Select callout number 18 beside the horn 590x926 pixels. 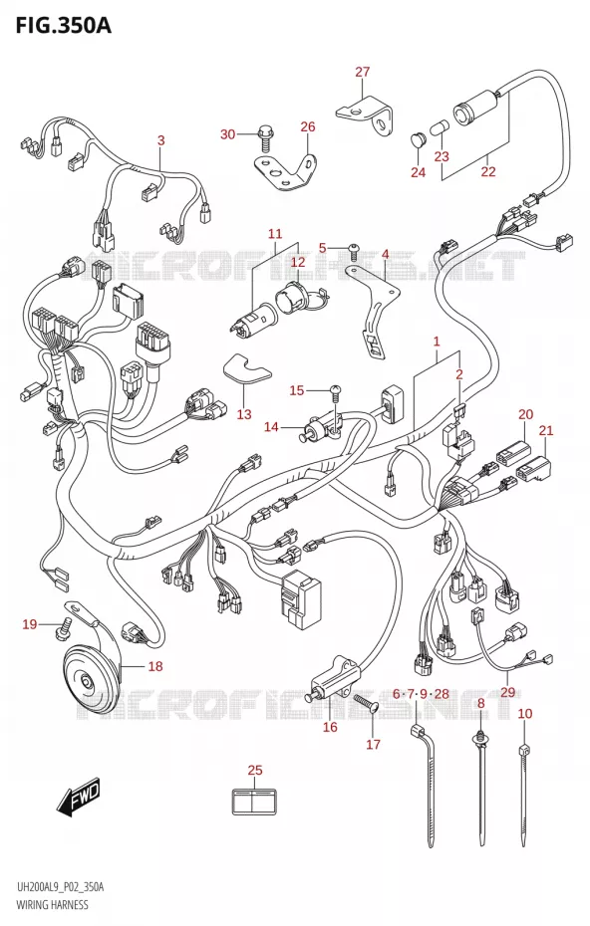pos(154,666)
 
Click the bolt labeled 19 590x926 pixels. pos(63,627)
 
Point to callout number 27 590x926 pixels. pos(363,72)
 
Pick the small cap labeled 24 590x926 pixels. pos(418,141)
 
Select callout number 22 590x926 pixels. pos(488,171)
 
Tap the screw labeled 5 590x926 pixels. pos(354,251)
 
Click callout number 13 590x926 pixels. pos(244,414)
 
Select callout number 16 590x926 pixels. pos(330,727)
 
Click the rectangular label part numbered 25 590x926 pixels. pos(255,802)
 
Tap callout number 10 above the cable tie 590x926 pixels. pos(525,713)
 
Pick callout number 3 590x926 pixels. pos(160,140)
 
